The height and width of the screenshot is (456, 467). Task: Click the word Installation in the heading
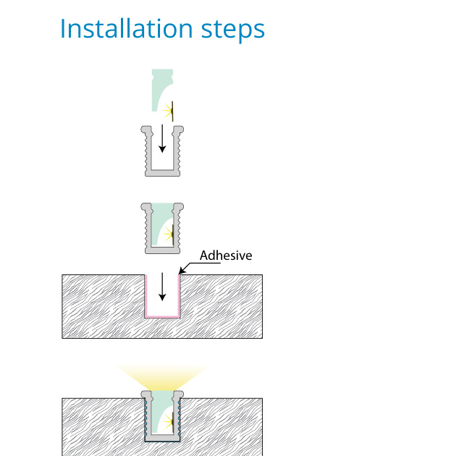(x=127, y=28)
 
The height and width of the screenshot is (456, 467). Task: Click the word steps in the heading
(x=233, y=30)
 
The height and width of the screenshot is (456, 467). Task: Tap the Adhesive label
(x=226, y=256)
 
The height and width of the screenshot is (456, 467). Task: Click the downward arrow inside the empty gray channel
(x=162, y=139)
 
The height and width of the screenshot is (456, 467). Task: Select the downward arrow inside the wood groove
(x=162, y=287)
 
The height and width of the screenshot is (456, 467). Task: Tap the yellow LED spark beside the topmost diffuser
(x=168, y=111)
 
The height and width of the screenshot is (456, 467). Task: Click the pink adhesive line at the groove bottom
(x=162, y=316)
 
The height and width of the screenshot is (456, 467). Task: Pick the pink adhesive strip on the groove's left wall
(x=146, y=296)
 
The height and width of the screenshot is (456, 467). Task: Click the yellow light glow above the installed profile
(x=162, y=376)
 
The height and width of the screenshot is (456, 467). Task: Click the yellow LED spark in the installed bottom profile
(x=169, y=421)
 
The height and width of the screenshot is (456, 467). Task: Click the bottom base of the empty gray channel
(x=162, y=173)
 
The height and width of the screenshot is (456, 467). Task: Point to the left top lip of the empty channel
(x=146, y=130)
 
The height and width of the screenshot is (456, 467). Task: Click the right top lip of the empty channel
(x=178, y=130)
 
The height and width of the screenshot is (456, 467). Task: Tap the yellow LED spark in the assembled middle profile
(x=169, y=235)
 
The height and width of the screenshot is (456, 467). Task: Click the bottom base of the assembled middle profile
(x=162, y=250)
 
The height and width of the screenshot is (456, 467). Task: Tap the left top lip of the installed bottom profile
(x=146, y=394)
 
